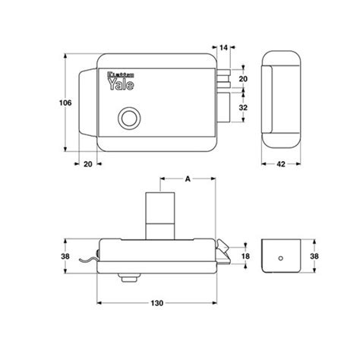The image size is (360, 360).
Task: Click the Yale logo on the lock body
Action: (117, 79)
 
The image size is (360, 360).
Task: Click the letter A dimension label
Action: (188, 180)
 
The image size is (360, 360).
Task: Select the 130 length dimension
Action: (157, 304)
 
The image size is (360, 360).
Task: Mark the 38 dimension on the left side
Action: (65, 257)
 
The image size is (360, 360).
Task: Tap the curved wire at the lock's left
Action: (87, 263)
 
